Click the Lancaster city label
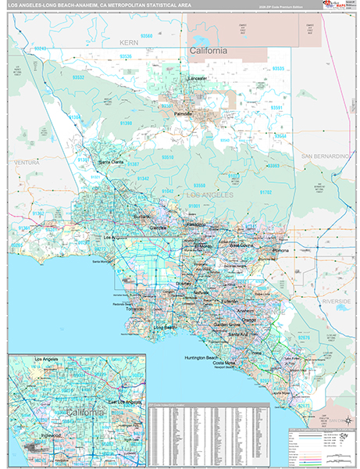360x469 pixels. pyautogui.click(x=198, y=79)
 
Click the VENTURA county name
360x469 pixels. pyautogui.click(x=27, y=163)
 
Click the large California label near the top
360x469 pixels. pyautogui.click(x=209, y=51)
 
